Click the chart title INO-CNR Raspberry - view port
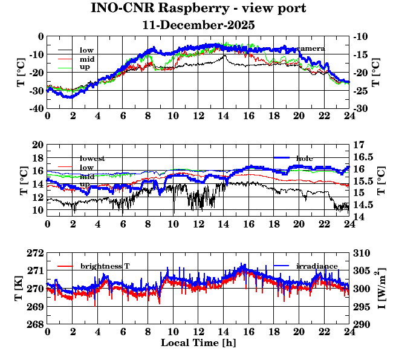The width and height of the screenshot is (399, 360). pos(198,9)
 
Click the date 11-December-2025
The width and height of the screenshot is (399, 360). pos(198,25)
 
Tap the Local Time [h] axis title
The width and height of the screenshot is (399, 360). pos(198,342)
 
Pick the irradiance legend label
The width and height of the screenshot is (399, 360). pos(317,266)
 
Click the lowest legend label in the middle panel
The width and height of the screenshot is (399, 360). pos(92,159)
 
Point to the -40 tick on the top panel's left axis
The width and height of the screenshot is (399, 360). pos(35,108)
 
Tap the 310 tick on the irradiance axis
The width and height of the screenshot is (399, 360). pos(361,252)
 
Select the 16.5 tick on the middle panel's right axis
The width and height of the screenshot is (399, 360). pos(363,157)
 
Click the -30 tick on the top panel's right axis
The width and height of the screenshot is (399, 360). pos(360,108)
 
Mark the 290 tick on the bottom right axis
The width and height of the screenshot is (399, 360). pos(361,325)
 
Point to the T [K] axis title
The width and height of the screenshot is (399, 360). pos(23,289)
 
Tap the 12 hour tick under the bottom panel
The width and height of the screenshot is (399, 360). pos(198,333)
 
